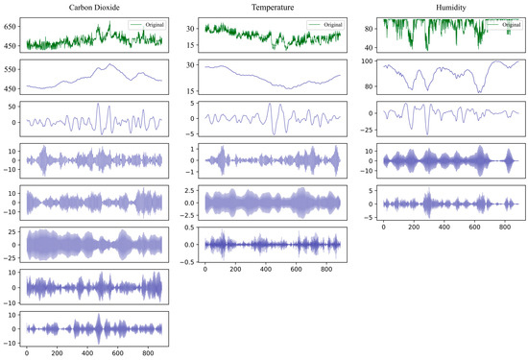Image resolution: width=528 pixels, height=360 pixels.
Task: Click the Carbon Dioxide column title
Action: point(94,7)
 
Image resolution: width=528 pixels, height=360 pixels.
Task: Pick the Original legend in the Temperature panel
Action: point(324,23)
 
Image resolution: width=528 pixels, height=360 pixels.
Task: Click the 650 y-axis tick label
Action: point(13,27)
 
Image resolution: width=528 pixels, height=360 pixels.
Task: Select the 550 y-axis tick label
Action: point(13,70)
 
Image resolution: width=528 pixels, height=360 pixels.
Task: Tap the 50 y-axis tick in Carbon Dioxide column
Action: point(16,108)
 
